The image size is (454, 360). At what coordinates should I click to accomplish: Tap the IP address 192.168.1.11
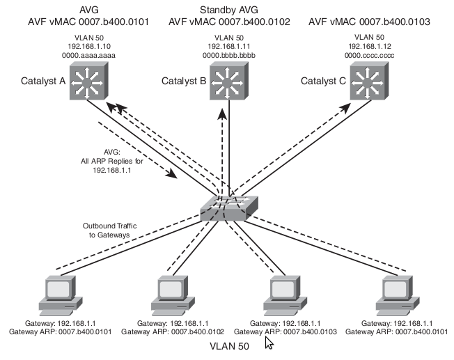[227, 45]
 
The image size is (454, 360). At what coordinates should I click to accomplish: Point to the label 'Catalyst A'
[42, 81]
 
